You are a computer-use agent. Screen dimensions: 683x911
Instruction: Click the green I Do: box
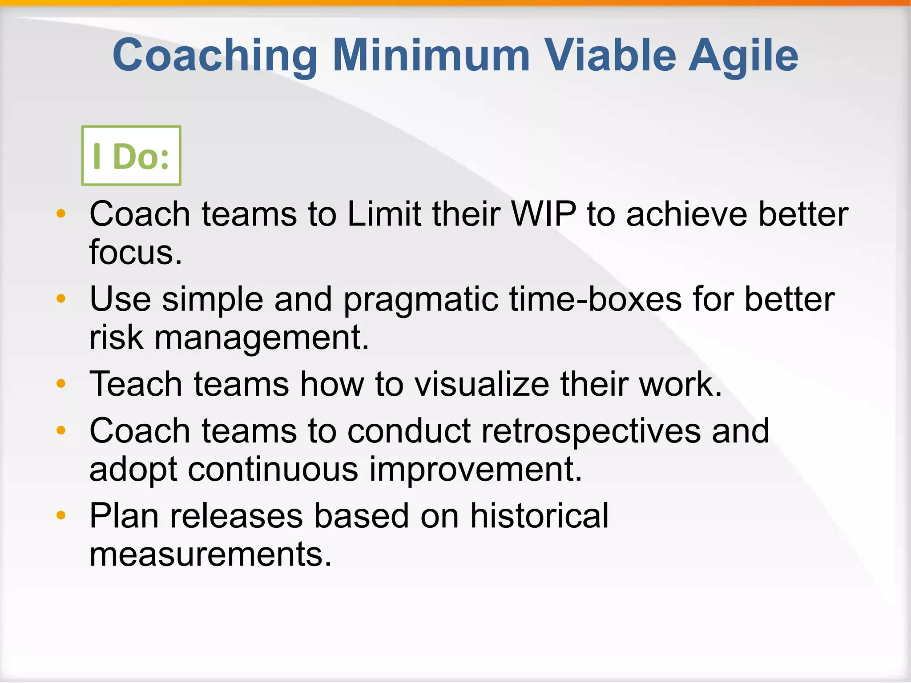pos(131,156)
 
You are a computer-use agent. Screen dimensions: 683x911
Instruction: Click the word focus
pos(135,253)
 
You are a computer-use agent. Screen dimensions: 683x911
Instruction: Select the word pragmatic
pos(420,300)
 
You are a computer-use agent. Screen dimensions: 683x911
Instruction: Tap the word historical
pos(539,516)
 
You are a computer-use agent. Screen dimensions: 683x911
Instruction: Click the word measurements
pos(210,554)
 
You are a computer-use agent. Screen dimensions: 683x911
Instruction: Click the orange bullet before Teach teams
pos(61,383)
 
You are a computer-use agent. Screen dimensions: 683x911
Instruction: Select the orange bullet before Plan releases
pos(61,515)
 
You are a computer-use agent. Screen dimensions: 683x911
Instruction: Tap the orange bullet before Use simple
pos(61,298)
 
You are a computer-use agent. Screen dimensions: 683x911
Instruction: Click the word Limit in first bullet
pos(384,214)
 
